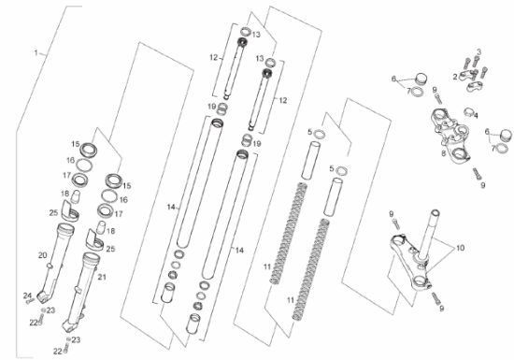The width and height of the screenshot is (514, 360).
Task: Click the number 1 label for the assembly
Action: point(36,52)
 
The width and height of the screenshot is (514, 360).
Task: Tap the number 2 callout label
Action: point(455,77)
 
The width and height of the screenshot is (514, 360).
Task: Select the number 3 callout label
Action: point(478,51)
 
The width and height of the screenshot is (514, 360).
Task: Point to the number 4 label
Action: point(476,116)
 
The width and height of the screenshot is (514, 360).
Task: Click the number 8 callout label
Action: point(443,153)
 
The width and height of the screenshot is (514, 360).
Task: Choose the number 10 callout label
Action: point(460,248)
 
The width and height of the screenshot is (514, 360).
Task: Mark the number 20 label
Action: point(43,255)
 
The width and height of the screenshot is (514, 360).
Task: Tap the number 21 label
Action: point(102,277)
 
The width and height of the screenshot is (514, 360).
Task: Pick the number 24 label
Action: point(27,295)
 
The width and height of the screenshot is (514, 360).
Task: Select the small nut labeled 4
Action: point(468,111)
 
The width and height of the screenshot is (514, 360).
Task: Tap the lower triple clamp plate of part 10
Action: point(409,263)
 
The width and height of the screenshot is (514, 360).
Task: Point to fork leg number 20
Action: point(55,263)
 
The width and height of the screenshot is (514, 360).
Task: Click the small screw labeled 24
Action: point(30,301)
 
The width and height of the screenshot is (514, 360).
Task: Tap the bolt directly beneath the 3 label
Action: point(476,62)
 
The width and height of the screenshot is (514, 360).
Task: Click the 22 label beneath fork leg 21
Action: point(58,352)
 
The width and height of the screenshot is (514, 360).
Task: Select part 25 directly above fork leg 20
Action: point(70,211)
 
